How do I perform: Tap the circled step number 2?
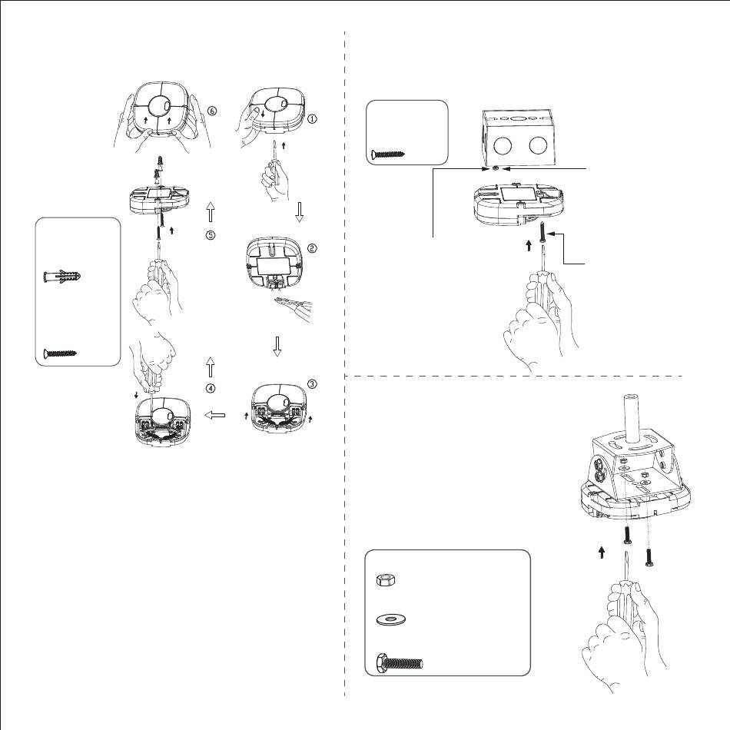pos(312,247)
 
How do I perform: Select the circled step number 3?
pos(311,383)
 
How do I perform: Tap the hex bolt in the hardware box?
pos(400,662)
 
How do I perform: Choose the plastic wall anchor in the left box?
pos(62,277)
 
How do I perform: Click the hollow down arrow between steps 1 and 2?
pos(300,212)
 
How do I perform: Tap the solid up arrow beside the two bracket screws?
pos(602,551)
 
